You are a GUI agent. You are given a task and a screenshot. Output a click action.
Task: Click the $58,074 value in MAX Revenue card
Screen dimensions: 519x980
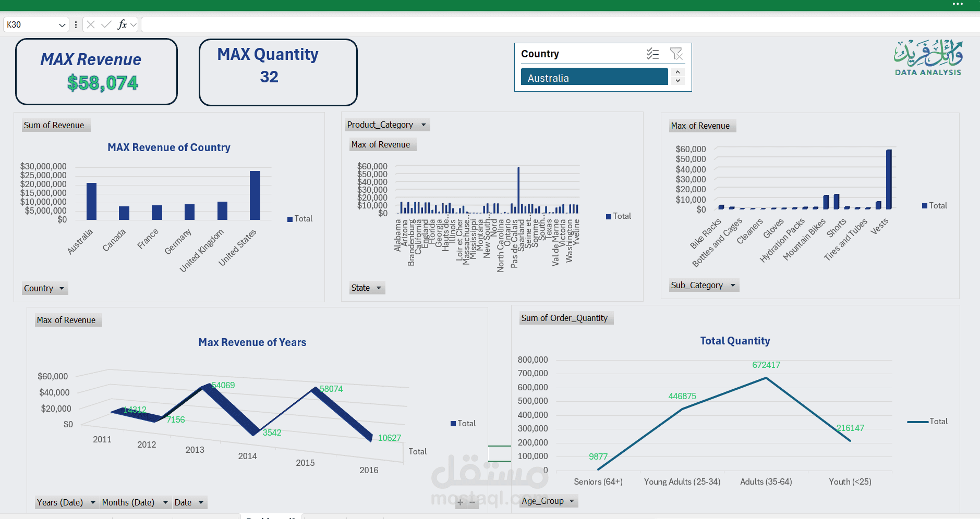tap(103, 83)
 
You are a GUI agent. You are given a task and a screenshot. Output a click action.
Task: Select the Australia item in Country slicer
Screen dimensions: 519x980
tap(594, 78)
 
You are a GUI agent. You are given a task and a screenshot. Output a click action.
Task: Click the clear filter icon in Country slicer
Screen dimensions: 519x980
tap(676, 54)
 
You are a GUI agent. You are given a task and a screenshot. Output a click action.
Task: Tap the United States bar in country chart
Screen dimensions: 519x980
tap(255, 195)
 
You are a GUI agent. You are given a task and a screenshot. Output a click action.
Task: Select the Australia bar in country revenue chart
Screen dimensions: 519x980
tap(91, 201)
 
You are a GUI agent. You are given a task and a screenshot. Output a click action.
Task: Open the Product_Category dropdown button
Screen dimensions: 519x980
tap(424, 125)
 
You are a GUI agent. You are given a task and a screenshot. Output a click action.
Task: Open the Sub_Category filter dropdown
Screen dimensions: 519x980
tap(732, 285)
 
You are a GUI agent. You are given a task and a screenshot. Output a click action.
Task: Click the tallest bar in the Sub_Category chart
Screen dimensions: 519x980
tap(889, 180)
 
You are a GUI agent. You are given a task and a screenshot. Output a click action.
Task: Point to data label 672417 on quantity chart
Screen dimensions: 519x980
tap(766, 365)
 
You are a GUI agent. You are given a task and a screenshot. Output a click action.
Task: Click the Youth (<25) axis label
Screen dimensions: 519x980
tap(850, 481)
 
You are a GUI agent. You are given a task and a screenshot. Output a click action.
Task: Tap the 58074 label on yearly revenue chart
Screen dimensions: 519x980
tap(331, 389)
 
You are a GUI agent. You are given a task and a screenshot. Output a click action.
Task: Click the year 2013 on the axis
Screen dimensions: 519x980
tap(195, 450)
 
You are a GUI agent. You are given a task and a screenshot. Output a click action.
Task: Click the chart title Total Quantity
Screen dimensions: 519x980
tap(734, 341)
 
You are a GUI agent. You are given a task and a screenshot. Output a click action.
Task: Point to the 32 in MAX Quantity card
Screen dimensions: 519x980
tap(269, 77)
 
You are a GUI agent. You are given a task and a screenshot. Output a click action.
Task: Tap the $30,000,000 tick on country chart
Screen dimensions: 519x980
tap(43, 166)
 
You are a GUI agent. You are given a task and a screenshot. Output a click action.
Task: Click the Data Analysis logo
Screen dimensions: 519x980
tap(928, 58)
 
